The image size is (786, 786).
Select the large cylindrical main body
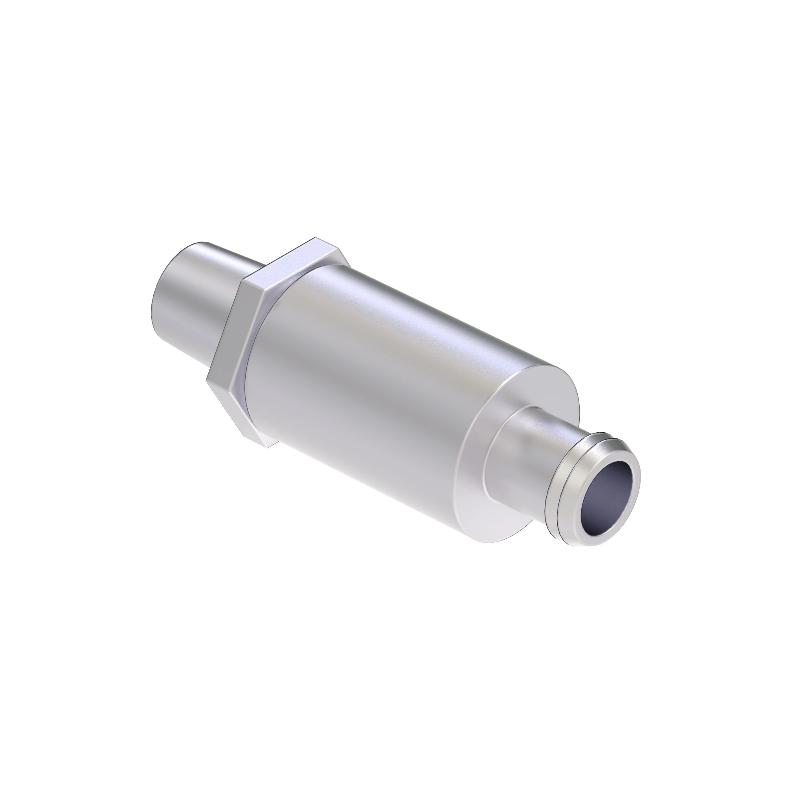[x=366, y=366]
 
